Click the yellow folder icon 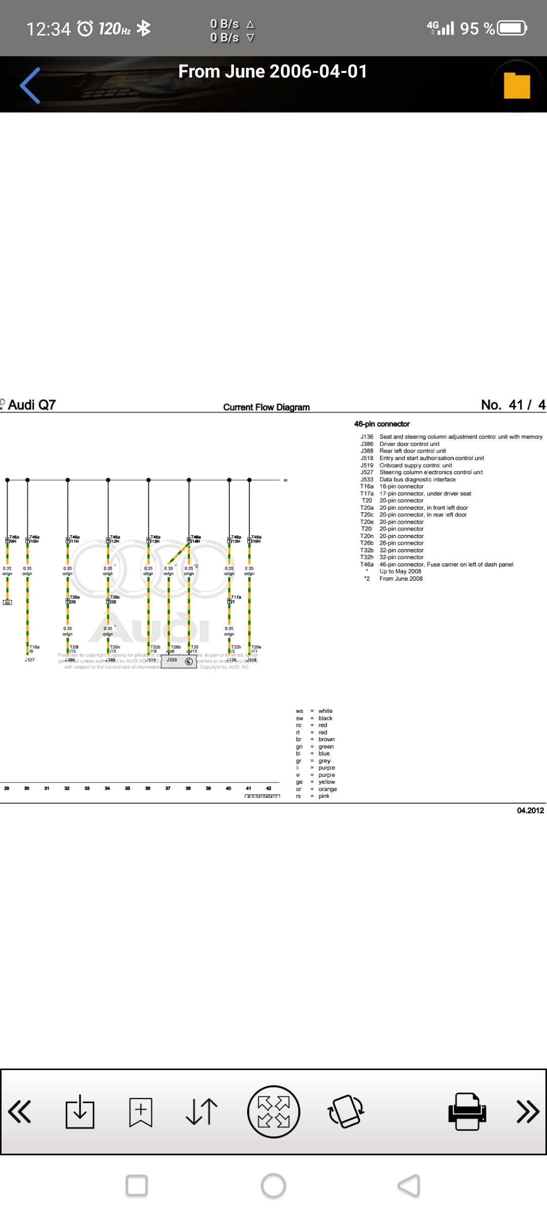(x=517, y=86)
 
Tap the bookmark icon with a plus (x=140, y=1112)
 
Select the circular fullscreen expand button (x=273, y=1112)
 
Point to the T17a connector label (x=236, y=597)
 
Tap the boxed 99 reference (x=7, y=602)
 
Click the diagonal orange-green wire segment (x=179, y=554)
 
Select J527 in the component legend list (x=367, y=472)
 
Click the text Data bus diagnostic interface (x=417, y=479)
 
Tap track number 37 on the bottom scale (x=168, y=788)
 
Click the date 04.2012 (x=530, y=811)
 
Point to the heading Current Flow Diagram (x=266, y=407)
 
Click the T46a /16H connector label (x=255, y=539)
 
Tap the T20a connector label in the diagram (x=74, y=597)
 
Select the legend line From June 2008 (x=401, y=579)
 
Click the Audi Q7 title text (x=31, y=405)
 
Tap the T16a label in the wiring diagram (x=34, y=647)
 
